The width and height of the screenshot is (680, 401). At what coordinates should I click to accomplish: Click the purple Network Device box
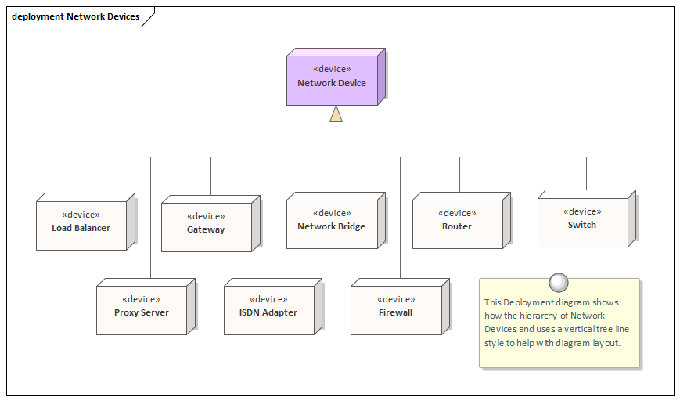tap(332, 78)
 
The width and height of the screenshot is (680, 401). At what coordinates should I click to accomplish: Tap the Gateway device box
tap(206, 227)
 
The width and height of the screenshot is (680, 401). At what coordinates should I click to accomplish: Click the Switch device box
tap(582, 222)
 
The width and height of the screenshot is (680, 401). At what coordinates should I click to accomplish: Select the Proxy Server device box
tap(141, 310)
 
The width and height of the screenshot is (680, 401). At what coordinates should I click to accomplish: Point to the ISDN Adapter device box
tap(268, 310)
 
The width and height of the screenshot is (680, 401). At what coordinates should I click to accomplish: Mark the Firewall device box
tap(395, 310)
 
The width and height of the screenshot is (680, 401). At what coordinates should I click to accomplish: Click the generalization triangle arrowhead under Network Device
tap(336, 114)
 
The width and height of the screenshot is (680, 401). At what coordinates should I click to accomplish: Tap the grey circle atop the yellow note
tap(559, 282)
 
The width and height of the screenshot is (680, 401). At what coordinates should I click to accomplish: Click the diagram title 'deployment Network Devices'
tap(75, 16)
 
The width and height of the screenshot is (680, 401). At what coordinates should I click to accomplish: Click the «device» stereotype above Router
tap(457, 213)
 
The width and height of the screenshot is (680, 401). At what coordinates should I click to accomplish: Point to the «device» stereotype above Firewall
tap(395, 299)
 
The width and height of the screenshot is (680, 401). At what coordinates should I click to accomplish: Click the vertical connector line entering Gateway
tap(210, 176)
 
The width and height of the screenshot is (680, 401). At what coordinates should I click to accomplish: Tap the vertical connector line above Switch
tap(586, 172)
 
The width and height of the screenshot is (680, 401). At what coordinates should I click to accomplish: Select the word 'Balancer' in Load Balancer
tap(92, 228)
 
